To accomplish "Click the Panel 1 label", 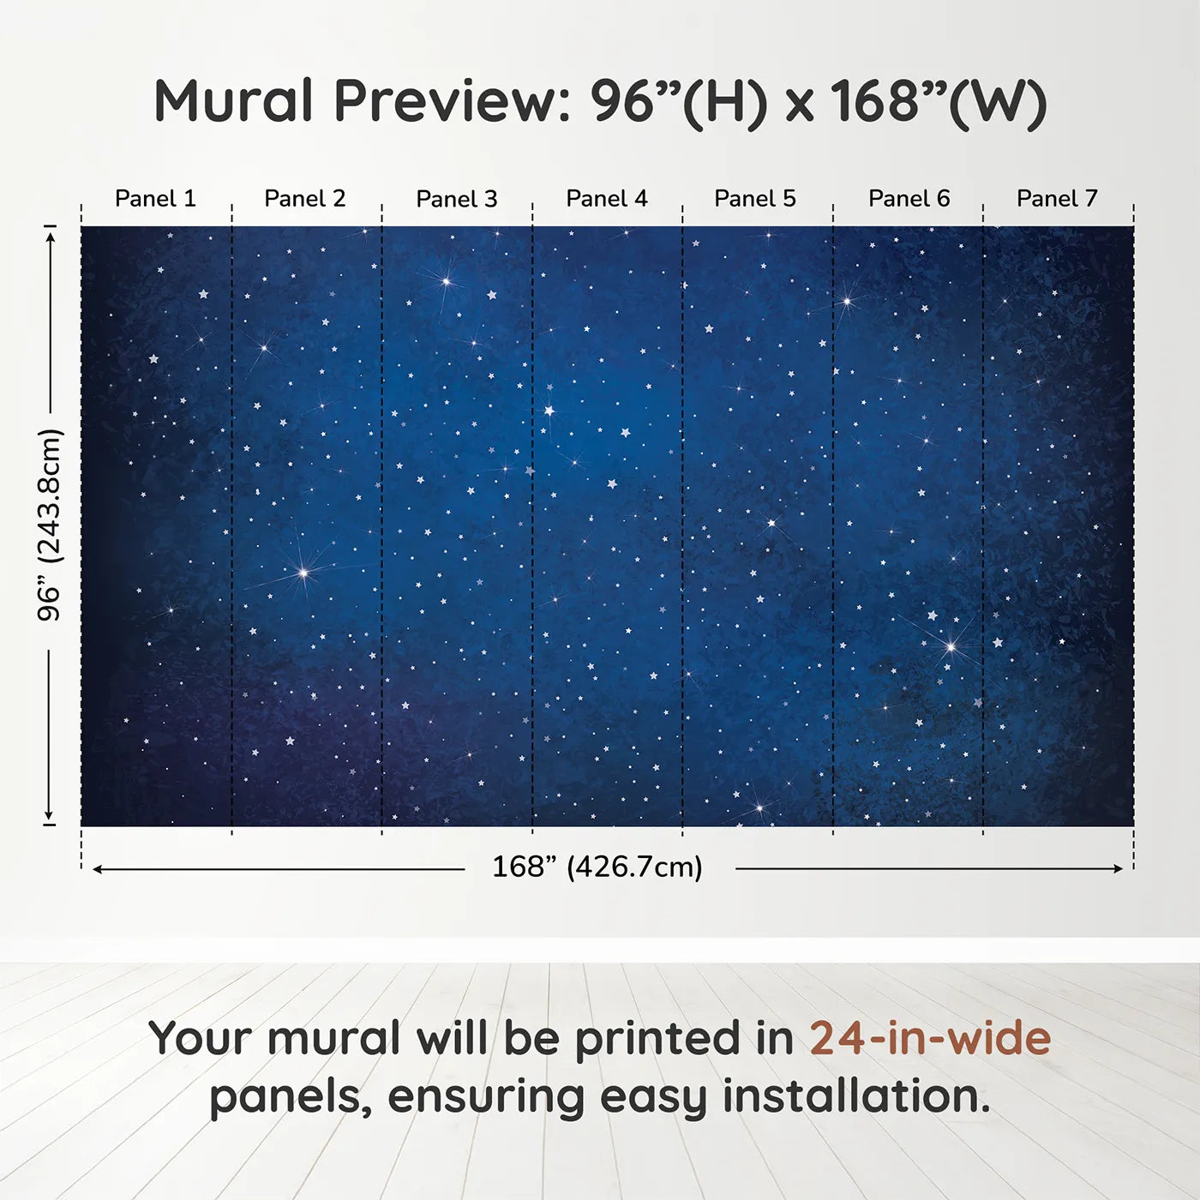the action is click(155, 199).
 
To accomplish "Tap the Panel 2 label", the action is click(304, 199).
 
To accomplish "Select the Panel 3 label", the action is click(457, 199).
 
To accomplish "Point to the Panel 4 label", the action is click(607, 199).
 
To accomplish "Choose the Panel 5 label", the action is click(755, 199).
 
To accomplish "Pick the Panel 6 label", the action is click(909, 199).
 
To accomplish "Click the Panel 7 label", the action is click(1057, 199).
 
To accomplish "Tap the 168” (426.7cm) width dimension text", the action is click(597, 867).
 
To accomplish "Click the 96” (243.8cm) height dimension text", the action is click(49, 525).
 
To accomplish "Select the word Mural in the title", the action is click(233, 100).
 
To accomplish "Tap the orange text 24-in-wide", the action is click(930, 1038).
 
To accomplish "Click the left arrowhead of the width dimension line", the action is click(97, 869).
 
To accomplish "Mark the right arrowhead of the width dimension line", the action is click(1119, 868).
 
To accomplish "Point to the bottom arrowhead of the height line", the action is click(49, 814).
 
